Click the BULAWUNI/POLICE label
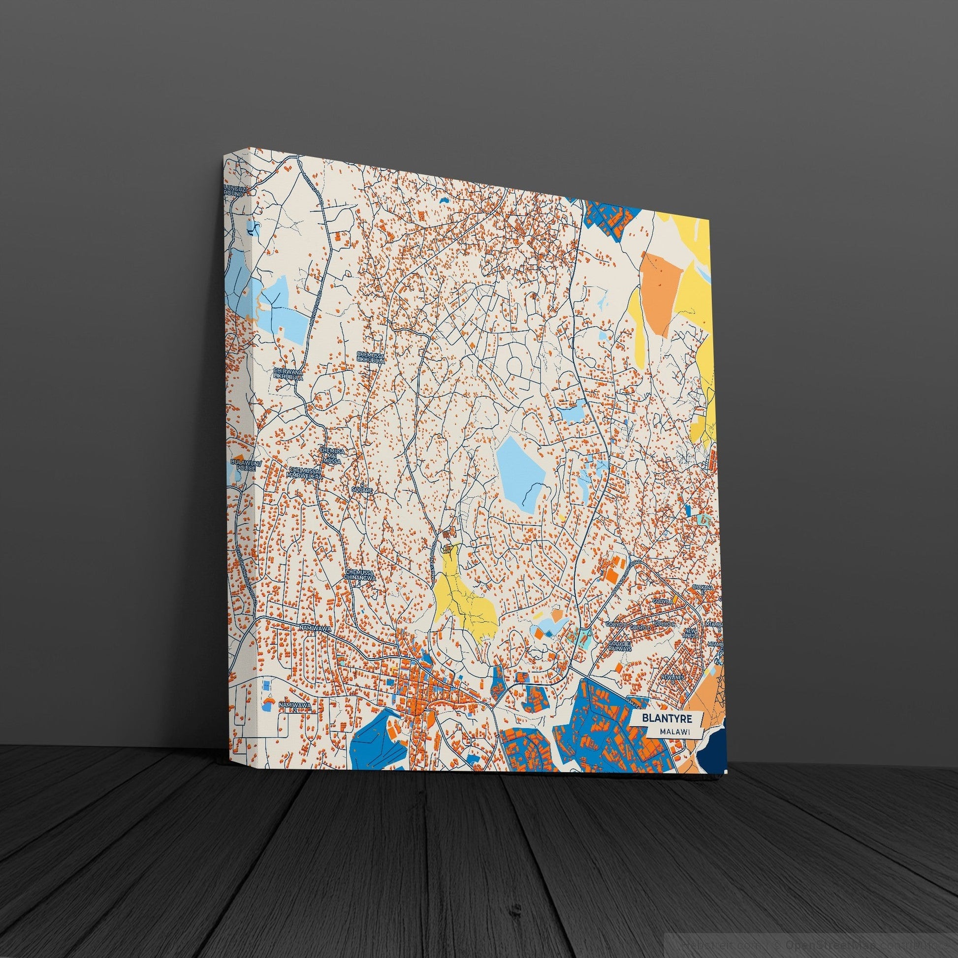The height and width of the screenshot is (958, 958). pyautogui.click(x=242, y=465)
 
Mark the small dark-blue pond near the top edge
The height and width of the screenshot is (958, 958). pyautogui.click(x=442, y=200)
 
